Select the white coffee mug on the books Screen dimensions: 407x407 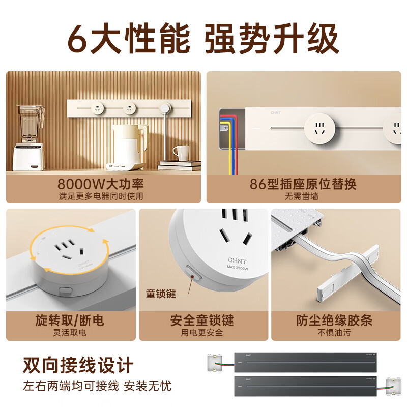[181, 152]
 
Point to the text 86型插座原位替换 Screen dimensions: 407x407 [303, 184]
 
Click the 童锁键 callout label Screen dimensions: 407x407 [160, 294]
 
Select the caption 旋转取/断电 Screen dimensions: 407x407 [70, 321]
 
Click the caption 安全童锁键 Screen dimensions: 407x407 [202, 321]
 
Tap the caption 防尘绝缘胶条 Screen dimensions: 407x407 [334, 321]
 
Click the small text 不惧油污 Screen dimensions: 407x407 [334, 333]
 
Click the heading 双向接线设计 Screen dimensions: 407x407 [78, 365]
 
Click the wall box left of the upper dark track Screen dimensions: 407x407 [216, 363]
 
